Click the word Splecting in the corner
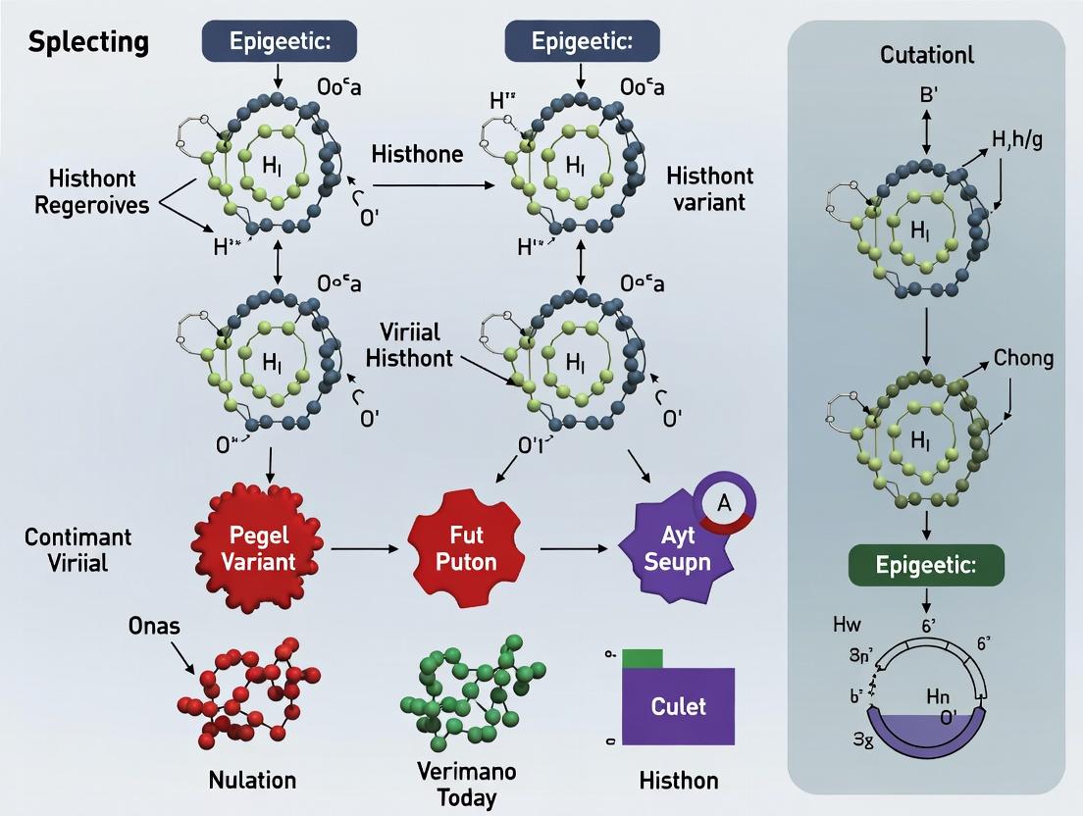(88, 42)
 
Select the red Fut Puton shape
(460, 548)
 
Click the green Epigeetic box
(925, 566)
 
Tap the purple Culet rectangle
(678, 706)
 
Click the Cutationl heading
(926, 55)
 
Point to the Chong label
(1023, 358)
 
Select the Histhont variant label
(709, 188)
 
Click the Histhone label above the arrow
(417, 153)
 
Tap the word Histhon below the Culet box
(678, 781)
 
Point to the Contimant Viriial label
(78, 550)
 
